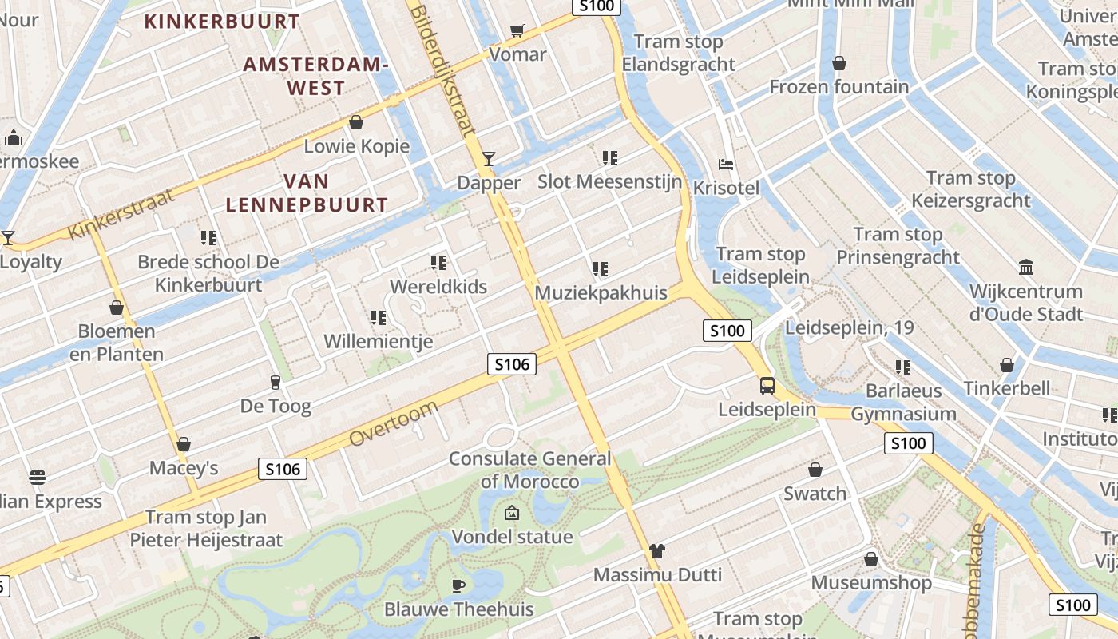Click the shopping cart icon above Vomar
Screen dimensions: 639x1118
coord(517,30)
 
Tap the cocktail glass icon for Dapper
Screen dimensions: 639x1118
coord(489,158)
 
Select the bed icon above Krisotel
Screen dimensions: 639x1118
coord(726,165)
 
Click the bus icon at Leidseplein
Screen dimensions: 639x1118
coord(767,385)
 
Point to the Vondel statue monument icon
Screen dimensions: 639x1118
coord(512,513)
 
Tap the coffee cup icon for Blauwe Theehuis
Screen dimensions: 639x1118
coord(458,585)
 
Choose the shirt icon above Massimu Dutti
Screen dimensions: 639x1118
coord(657,550)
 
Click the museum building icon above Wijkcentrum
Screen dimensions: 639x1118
coord(1026,267)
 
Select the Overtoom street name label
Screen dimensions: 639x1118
coord(394,424)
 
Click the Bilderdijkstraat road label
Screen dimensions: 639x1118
coord(442,68)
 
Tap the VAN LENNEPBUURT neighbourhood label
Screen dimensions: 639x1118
coord(307,193)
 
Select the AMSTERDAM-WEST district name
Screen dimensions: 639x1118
coord(315,76)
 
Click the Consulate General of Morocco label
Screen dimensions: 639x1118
coord(529,470)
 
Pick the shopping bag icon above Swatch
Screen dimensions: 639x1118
coord(815,470)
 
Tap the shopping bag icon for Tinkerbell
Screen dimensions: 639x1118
coord(1007,365)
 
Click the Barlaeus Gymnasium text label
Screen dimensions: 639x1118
coord(903,403)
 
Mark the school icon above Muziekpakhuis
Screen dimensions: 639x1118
coord(601,269)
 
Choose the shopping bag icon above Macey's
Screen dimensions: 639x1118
coord(184,444)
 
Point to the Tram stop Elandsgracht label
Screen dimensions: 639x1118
coord(678,53)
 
